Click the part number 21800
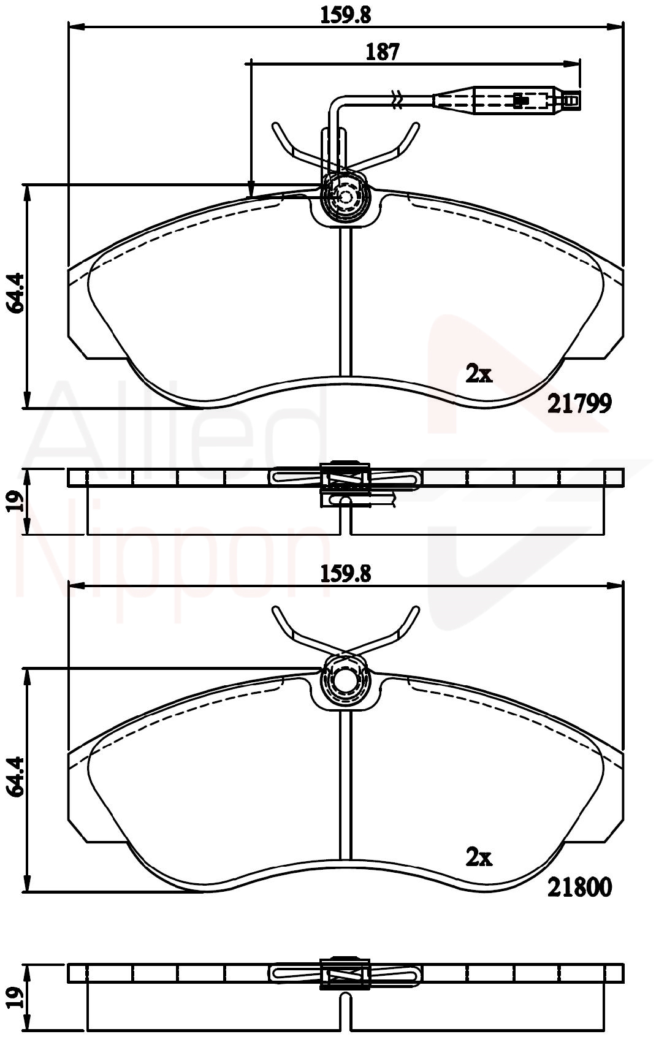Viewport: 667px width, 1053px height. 579,887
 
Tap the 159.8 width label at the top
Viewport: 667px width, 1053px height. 346,14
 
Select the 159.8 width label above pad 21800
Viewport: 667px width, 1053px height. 346,573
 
